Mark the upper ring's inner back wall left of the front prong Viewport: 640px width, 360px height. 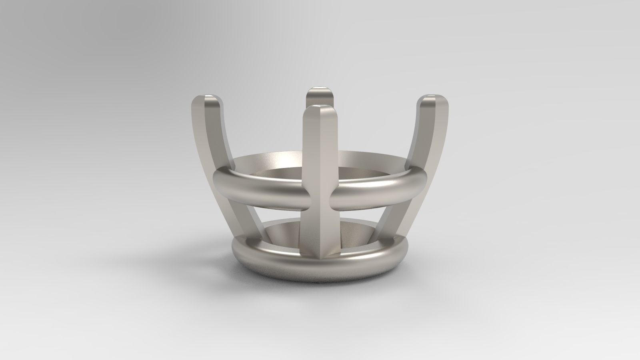click(272, 160)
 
